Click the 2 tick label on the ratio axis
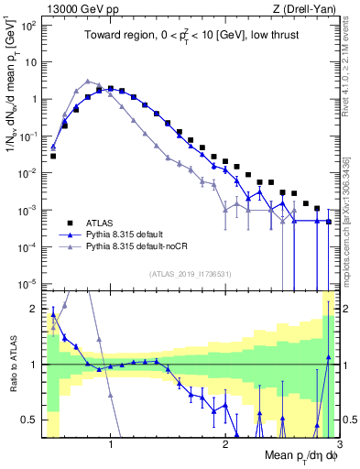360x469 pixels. pos(34,308)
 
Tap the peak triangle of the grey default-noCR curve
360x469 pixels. pos(87,81)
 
